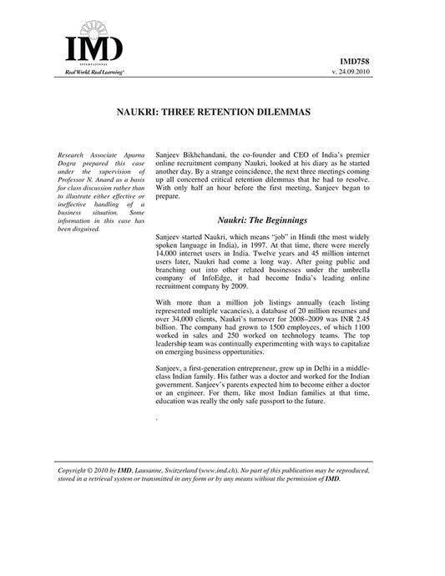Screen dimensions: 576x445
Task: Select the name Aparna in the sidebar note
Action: (134, 156)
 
